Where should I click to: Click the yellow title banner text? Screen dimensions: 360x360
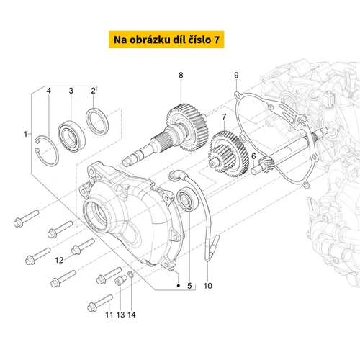click(x=166, y=40)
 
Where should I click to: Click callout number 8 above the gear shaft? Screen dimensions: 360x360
click(x=181, y=75)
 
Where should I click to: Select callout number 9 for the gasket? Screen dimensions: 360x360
click(x=237, y=75)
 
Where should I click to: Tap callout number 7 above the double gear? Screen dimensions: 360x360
click(x=224, y=117)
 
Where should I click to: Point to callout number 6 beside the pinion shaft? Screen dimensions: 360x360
click(x=253, y=156)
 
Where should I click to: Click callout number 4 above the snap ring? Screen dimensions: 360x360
click(x=49, y=91)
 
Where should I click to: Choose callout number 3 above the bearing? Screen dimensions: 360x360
click(x=71, y=91)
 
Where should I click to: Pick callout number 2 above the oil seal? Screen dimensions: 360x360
click(x=93, y=91)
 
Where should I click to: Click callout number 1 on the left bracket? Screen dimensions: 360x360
click(x=26, y=134)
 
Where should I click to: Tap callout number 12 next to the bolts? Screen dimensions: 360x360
click(x=59, y=260)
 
